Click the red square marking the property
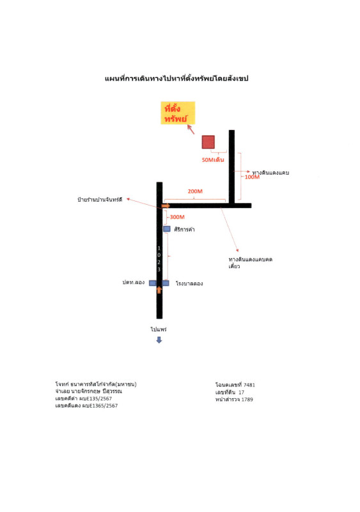[x=208, y=142]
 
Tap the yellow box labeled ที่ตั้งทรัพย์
[x=178, y=113]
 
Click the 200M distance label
[x=195, y=191]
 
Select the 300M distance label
[x=177, y=217]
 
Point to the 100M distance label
[x=252, y=177]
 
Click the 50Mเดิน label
[x=213, y=159]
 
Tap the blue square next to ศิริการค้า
[x=167, y=229]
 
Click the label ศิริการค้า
[x=184, y=230]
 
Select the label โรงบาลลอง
[x=189, y=284]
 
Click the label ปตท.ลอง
[x=134, y=282]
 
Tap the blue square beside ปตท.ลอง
[x=152, y=283]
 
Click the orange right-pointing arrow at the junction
[x=166, y=205]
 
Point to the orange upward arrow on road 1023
[x=159, y=290]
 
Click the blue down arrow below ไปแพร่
[x=159, y=340]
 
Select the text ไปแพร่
[x=159, y=329]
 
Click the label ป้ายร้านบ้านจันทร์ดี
[x=100, y=200]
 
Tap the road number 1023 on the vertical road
[x=159, y=259]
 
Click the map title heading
[x=176, y=78]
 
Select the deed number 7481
[x=249, y=385]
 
